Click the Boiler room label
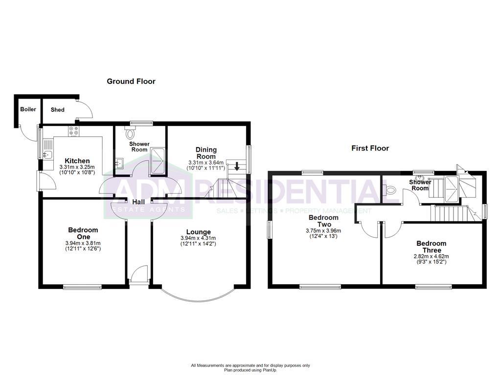coord(28,109)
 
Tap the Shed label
coord(58,110)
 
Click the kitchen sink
coord(47,155)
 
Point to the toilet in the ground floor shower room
coord(130,132)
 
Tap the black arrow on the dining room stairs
coord(237,167)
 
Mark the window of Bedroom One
coord(82,287)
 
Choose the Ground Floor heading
coord(131,82)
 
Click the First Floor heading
coord(370,148)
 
